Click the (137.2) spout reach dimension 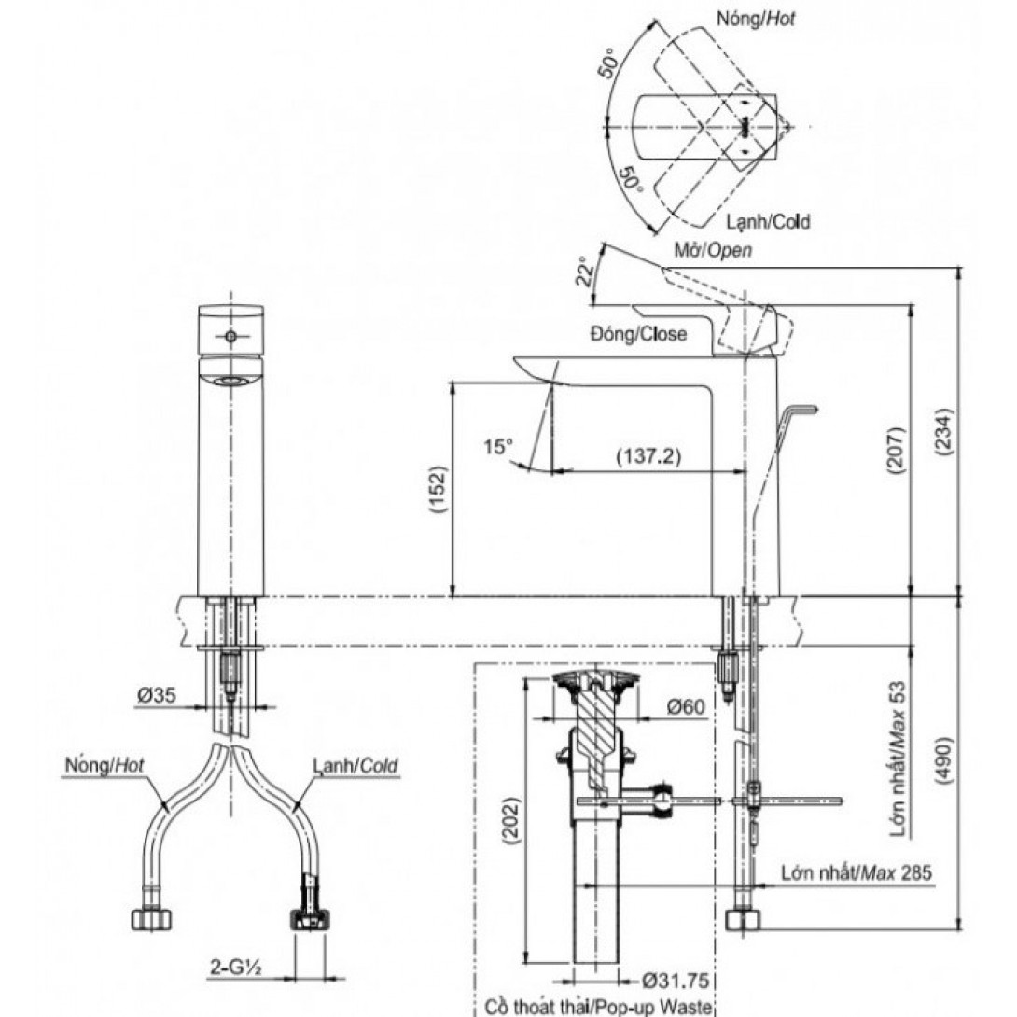[648, 456]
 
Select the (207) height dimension [897, 453]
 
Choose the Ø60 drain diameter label [685, 706]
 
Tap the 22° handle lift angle [585, 273]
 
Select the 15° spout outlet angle [499, 447]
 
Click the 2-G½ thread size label [234, 968]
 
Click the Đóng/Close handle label [637, 333]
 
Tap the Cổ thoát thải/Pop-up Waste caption [598, 1008]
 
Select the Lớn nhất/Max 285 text [856, 872]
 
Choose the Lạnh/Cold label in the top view [768, 221]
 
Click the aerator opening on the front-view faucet [230, 381]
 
